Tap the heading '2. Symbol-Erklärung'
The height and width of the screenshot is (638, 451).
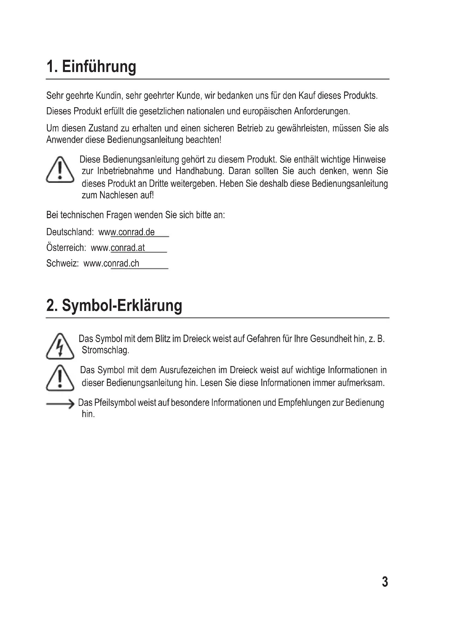pyautogui.click(x=114, y=306)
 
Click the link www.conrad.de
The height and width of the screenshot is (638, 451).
pyautogui.click(x=127, y=232)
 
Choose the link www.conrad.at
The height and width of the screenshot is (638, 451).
pyautogui.click(x=118, y=248)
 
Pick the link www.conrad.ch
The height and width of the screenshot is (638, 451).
pyautogui.click(x=111, y=263)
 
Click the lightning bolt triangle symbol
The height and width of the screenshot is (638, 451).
pyautogui.click(x=60, y=346)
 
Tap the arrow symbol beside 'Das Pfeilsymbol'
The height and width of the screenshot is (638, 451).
pyautogui.click(x=60, y=404)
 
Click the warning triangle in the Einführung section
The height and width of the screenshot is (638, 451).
pyautogui.click(x=60, y=170)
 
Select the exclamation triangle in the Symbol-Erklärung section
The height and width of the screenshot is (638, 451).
pyautogui.click(x=60, y=378)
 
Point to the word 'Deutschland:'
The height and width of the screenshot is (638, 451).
pyautogui.click(x=70, y=232)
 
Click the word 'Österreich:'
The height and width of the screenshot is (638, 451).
pyautogui.click(x=66, y=248)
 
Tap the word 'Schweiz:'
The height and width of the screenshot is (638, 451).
pyautogui.click(x=62, y=263)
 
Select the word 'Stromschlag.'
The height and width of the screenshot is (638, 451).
pyautogui.click(x=106, y=350)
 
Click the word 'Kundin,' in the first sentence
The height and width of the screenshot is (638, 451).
pyautogui.click(x=109, y=96)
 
